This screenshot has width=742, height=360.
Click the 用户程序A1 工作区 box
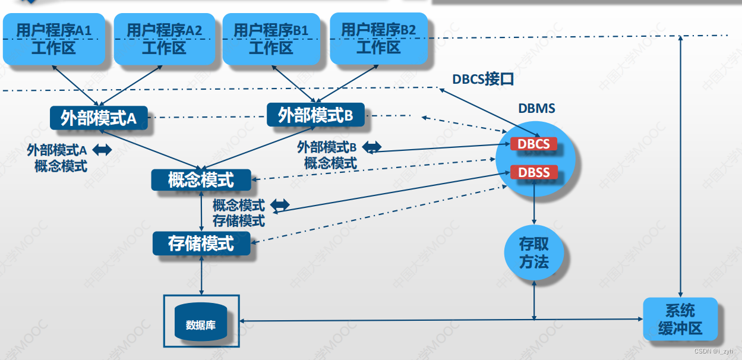(54, 39)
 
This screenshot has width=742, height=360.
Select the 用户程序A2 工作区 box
(163, 39)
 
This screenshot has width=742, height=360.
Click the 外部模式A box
(99, 118)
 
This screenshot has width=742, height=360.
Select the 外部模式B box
(315, 115)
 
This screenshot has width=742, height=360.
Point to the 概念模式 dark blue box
(201, 180)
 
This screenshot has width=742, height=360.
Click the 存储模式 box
(201, 244)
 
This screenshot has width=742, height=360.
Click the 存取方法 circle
(534, 253)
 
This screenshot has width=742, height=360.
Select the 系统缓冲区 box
(680, 319)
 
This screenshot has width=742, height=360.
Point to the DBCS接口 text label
(482, 79)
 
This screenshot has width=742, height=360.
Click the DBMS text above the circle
(536, 109)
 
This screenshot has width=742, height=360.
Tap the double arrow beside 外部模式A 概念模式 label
(102, 150)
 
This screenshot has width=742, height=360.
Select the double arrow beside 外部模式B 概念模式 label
(372, 146)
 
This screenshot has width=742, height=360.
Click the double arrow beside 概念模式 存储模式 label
(280, 205)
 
